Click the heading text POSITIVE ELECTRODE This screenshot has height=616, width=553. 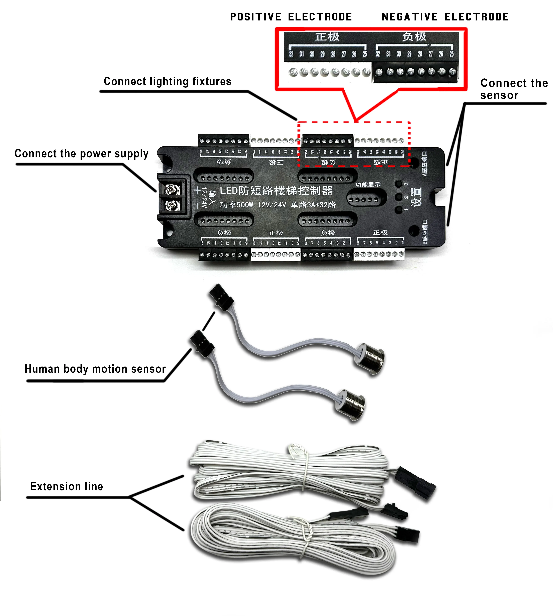(291, 17)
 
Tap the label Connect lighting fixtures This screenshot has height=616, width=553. (167, 81)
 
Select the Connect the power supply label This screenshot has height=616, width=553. (81, 154)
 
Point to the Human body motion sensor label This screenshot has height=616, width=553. (95, 369)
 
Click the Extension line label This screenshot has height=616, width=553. (67, 486)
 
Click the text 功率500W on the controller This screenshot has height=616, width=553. (236, 205)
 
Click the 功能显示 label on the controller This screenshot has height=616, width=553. (368, 185)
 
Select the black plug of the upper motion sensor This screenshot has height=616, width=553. (222, 297)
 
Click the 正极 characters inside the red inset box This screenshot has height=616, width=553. (327, 37)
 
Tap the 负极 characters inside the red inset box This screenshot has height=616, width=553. (414, 37)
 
